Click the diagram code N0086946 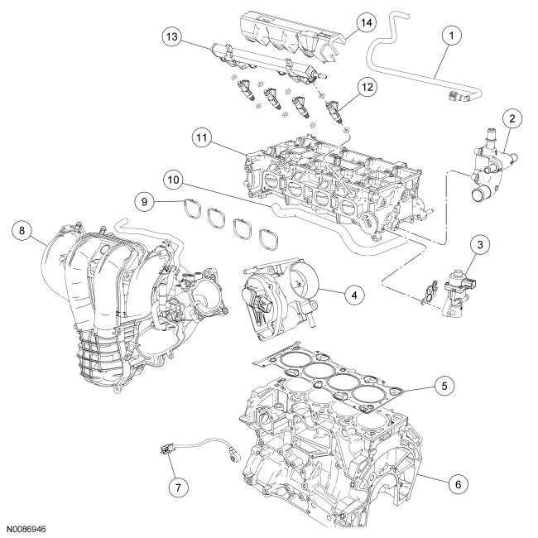(x=31, y=526)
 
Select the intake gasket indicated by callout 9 (x=195, y=214)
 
